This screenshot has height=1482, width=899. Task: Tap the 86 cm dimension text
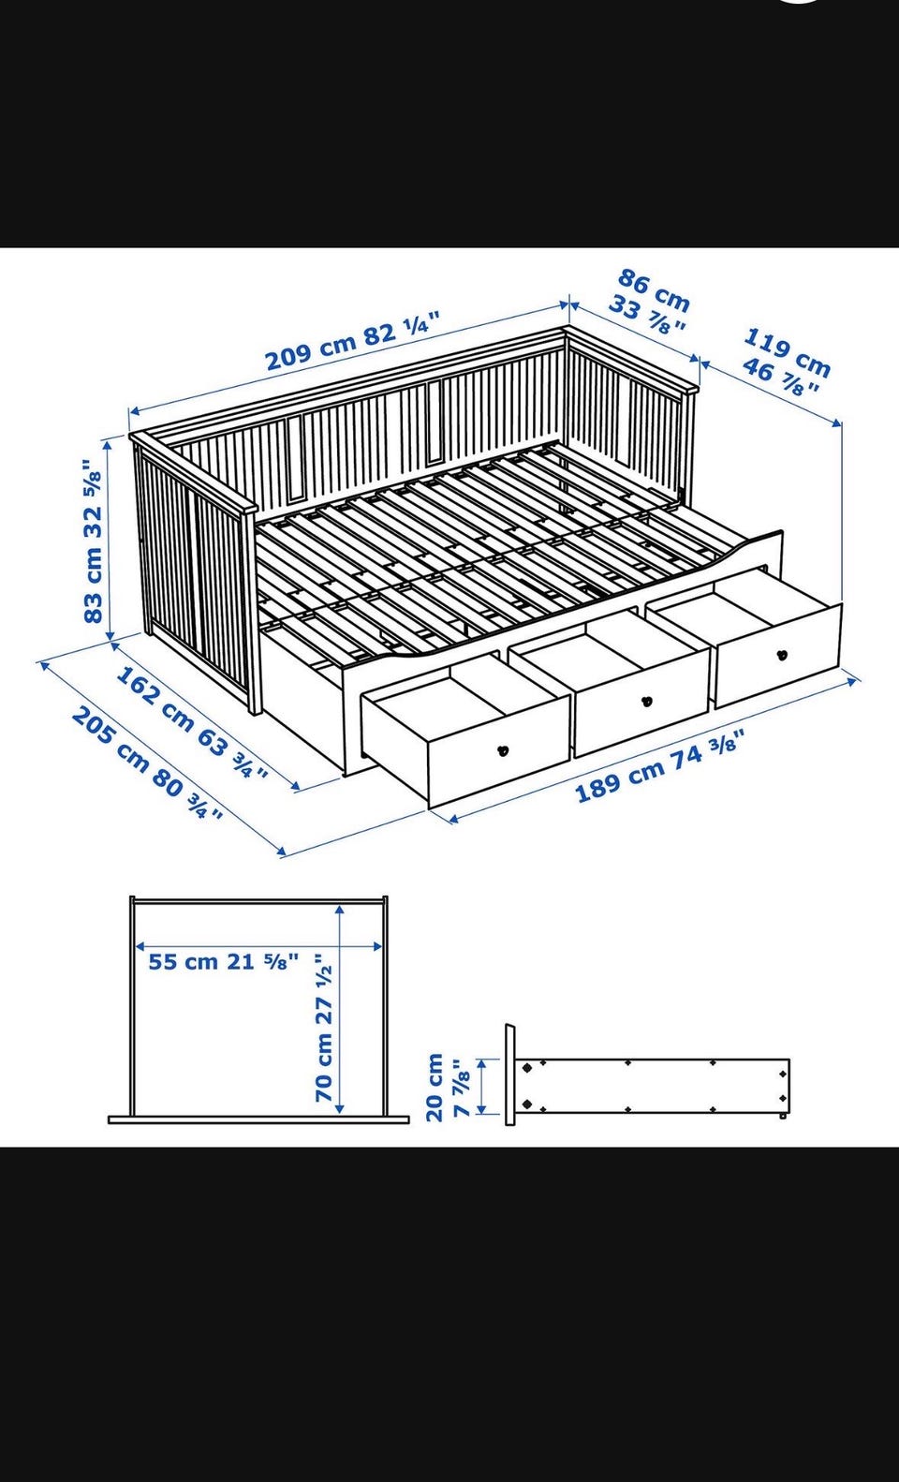click(x=654, y=289)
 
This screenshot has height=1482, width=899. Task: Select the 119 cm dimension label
click(x=788, y=351)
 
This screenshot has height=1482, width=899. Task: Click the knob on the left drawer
click(x=503, y=750)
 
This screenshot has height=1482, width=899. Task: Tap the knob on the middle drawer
click(x=647, y=702)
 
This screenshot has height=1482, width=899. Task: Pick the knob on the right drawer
click(x=783, y=655)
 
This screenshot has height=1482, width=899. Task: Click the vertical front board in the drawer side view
click(x=510, y=1074)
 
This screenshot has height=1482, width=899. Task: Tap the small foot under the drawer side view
click(x=783, y=1116)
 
